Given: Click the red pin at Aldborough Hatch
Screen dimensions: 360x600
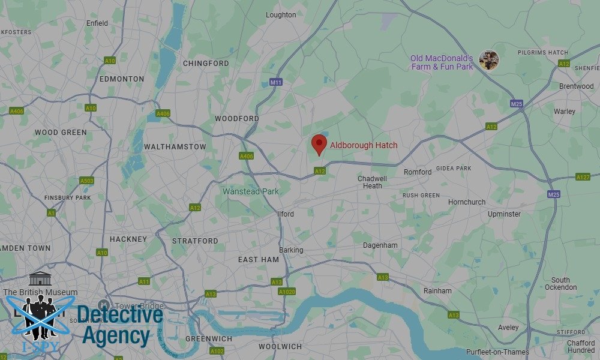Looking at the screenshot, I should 319,144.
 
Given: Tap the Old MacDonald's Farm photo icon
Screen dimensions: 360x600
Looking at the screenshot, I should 489,60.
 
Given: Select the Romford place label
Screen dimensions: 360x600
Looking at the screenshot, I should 417,172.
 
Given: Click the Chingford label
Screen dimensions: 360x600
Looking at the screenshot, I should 206,64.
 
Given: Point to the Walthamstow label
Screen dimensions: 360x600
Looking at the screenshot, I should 175,147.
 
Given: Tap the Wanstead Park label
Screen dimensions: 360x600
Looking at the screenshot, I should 251,191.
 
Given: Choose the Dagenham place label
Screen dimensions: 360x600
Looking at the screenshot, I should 380,245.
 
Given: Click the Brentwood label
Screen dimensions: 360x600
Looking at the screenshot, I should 576,86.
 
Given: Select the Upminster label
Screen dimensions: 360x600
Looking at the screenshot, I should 504,214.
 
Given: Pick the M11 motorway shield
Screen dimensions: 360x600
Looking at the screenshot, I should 276,82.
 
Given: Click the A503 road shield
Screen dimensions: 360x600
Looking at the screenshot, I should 87,181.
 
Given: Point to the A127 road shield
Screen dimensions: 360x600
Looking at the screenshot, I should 583,177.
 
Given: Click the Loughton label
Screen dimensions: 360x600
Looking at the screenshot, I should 281,15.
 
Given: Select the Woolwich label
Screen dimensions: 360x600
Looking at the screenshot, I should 280,347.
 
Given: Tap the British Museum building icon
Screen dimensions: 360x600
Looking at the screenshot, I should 40,279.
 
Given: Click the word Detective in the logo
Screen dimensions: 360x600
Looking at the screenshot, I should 120,314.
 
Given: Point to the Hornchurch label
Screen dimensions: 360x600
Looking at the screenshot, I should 467,202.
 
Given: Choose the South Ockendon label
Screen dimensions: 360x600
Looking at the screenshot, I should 560,284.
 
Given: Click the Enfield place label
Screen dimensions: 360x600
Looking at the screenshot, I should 97,23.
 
